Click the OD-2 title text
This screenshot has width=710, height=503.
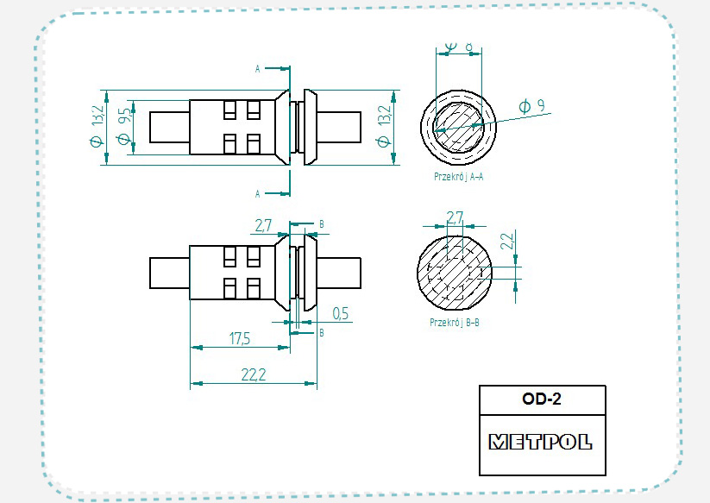pyautogui.click(x=542, y=399)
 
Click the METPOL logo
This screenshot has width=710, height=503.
pyautogui.click(x=541, y=442)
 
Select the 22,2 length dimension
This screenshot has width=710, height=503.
pyautogui.click(x=253, y=374)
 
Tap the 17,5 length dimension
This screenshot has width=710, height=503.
pyautogui.click(x=239, y=339)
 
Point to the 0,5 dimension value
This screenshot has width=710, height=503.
pyautogui.click(x=339, y=313)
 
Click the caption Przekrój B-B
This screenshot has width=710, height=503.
pyautogui.click(x=454, y=322)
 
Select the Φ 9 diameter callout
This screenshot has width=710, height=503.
pyautogui.click(x=531, y=107)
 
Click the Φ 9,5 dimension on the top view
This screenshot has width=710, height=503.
pyautogui.click(x=124, y=126)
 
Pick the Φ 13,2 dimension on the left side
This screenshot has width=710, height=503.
pyautogui.click(x=97, y=127)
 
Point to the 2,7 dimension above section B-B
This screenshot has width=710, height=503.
pyautogui.click(x=455, y=216)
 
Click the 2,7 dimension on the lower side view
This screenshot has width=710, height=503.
pyautogui.click(x=263, y=225)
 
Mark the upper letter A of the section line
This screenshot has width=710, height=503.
pyautogui.click(x=257, y=67)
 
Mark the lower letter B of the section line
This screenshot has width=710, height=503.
pyautogui.click(x=321, y=331)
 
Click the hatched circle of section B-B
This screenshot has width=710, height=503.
pyautogui.click(x=454, y=270)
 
